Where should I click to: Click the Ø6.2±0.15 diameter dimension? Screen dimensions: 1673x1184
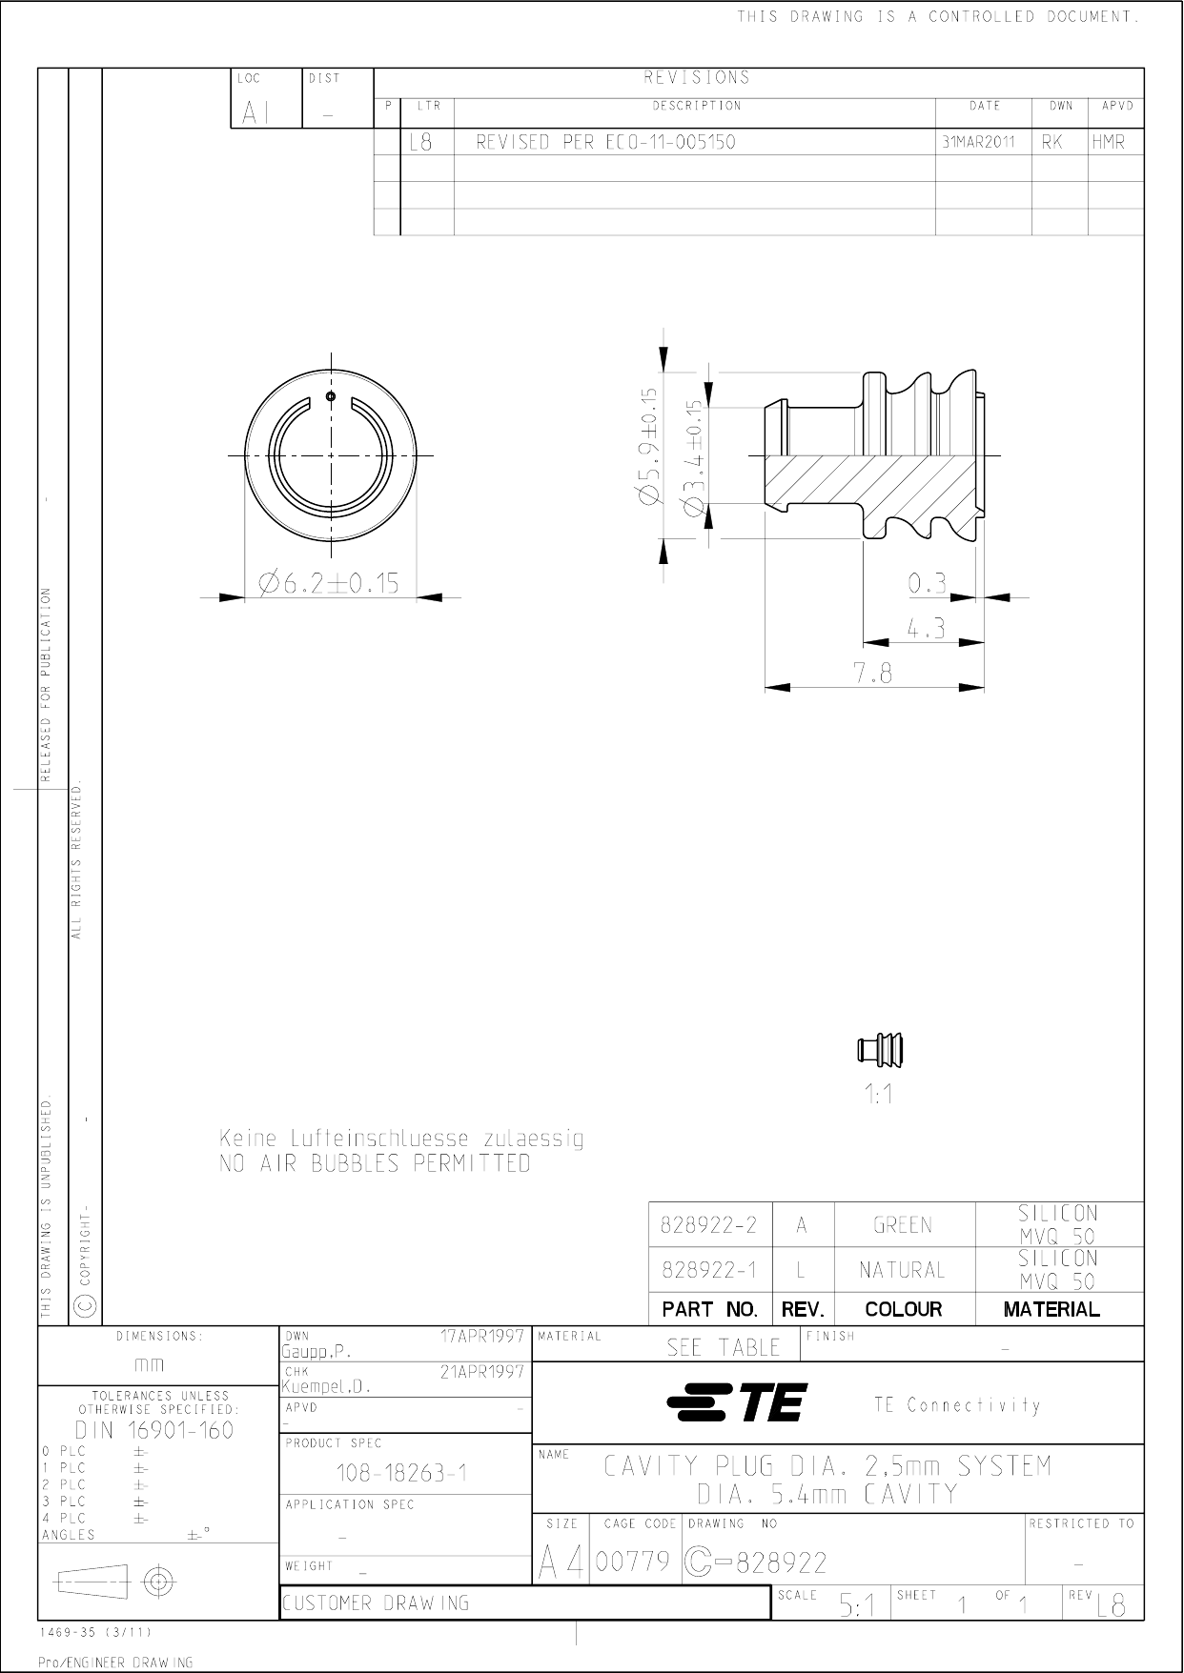[x=329, y=582]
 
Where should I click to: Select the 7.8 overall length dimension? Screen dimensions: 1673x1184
[x=873, y=675]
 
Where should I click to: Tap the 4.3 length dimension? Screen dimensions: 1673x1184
[x=926, y=629]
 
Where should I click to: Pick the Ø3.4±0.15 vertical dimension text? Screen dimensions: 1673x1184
[x=696, y=458]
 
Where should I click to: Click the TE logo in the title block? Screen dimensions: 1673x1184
[x=738, y=1402]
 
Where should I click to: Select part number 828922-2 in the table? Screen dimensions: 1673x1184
[x=709, y=1225]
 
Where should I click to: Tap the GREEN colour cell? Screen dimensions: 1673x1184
[x=903, y=1225]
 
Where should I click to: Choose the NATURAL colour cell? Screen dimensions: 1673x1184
[x=902, y=1270]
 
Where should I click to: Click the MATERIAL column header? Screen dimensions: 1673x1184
[x=1051, y=1309]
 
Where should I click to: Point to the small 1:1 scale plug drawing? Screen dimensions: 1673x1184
[x=880, y=1051]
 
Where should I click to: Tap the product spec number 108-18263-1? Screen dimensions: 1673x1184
[x=401, y=1473]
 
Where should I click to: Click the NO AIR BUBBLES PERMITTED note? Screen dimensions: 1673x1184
[x=375, y=1163]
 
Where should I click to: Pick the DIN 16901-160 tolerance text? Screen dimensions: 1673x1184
[x=153, y=1429]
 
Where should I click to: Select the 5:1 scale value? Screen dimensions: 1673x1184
[x=858, y=1606]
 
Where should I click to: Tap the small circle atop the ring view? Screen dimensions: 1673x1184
[x=330, y=396]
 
